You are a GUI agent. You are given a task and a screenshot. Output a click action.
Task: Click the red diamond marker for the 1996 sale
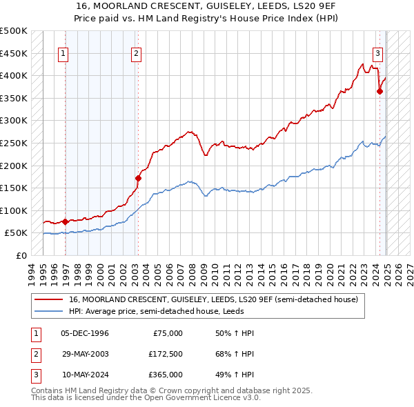(65, 221)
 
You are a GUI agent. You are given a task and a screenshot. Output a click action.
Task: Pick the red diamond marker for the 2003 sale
(138, 178)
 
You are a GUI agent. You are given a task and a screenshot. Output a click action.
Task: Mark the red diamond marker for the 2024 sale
(379, 91)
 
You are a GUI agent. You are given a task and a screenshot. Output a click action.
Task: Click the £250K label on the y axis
(14, 143)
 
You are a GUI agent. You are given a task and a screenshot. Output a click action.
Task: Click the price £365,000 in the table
(165, 375)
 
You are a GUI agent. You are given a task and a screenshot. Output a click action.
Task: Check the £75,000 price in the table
(168, 333)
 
